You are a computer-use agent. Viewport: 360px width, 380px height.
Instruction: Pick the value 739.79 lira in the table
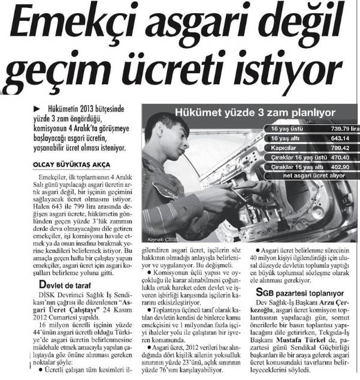point(339,129)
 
